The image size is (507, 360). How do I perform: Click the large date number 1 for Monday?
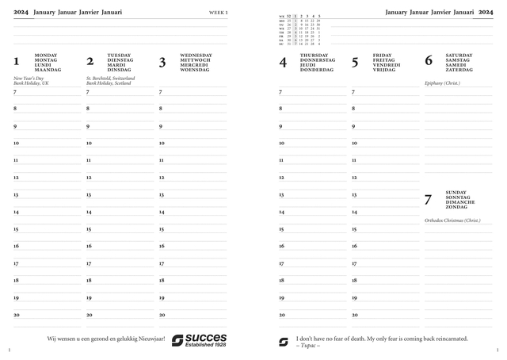pos(17,62)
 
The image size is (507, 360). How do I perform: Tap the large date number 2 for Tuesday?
pos(90,62)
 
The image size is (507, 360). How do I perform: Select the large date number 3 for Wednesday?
pos(162,62)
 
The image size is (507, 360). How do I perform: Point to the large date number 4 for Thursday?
pos(283,62)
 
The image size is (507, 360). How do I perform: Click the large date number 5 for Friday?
pos(355,62)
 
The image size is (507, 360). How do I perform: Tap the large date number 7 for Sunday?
pos(429,199)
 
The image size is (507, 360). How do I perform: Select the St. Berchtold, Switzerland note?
pos(110,79)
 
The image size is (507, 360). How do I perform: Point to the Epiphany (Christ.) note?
pos(442,83)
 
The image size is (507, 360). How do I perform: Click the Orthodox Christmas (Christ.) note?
pos(452,220)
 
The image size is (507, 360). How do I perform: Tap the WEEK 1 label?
pos(218,13)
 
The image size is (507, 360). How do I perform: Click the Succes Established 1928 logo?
pos(199,340)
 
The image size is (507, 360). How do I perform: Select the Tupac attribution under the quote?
pos(308,346)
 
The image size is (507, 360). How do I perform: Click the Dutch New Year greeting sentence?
pos(106,339)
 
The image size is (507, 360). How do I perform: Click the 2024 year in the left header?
pos(21,13)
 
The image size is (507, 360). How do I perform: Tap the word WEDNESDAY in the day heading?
pos(196,56)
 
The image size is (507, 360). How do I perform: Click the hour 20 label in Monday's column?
pos(16,315)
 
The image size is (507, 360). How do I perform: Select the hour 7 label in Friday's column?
pos(353,92)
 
